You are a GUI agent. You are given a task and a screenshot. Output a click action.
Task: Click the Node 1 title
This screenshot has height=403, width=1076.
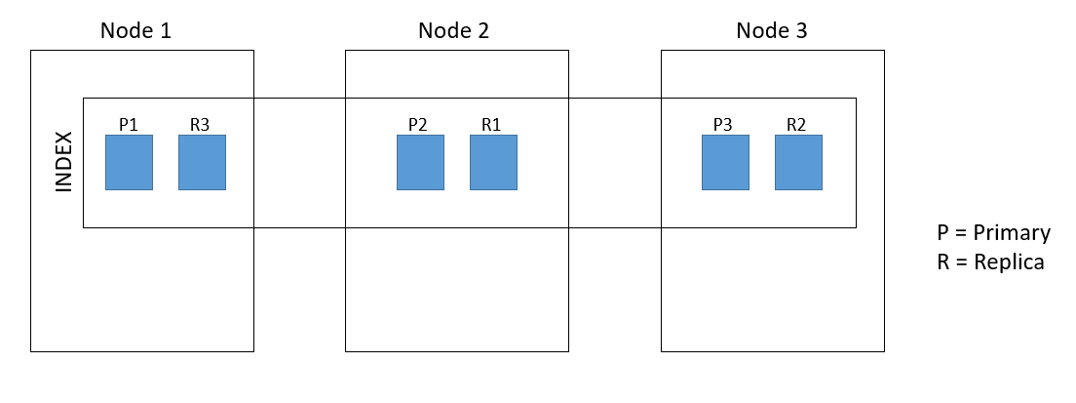click(x=135, y=30)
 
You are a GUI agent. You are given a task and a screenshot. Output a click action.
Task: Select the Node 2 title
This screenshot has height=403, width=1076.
click(x=453, y=30)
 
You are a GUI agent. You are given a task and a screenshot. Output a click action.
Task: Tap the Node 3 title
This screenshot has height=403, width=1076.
click(x=772, y=30)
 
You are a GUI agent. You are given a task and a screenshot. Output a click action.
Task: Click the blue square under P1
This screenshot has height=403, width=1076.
click(x=129, y=162)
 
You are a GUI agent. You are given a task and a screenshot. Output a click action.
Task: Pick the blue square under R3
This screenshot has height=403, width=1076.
click(x=203, y=162)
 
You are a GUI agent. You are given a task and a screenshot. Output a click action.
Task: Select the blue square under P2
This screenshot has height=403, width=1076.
click(x=421, y=162)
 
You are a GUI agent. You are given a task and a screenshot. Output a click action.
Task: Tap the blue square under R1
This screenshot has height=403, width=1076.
click(x=493, y=162)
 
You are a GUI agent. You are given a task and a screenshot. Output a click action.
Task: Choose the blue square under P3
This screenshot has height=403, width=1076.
click(x=725, y=162)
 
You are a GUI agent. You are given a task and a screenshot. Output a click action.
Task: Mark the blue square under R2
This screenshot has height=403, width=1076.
click(x=799, y=162)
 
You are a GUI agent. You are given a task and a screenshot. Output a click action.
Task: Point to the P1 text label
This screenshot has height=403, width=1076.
click(x=129, y=124)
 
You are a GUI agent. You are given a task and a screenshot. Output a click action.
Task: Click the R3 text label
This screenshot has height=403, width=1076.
click(x=201, y=124)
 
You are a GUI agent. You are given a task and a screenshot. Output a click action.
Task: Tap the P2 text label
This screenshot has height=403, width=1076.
click(x=418, y=124)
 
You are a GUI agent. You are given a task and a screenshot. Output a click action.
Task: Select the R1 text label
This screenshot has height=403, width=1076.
click(x=490, y=124)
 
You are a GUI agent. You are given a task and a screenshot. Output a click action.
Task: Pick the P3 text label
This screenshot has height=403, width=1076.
click(x=722, y=124)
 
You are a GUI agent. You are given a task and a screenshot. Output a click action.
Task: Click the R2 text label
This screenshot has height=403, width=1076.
click(x=796, y=124)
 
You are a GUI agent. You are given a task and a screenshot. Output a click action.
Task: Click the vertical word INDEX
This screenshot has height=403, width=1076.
click(x=63, y=162)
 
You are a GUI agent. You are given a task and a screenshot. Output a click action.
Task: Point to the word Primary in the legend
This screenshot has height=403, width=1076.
click(x=1012, y=233)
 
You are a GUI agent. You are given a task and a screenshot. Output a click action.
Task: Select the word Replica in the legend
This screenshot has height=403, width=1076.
click(x=1009, y=262)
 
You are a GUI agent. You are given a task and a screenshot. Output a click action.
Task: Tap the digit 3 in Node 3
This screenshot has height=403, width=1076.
click(x=801, y=30)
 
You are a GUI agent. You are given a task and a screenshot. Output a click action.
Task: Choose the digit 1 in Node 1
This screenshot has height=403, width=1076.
click(x=166, y=30)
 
